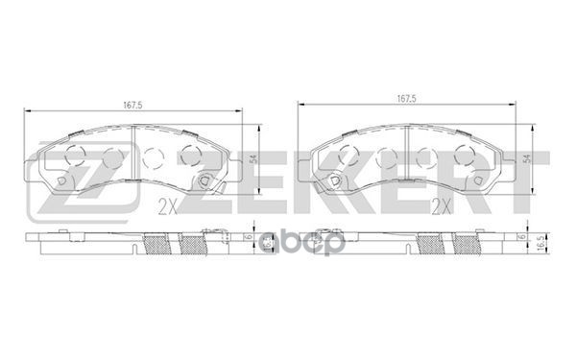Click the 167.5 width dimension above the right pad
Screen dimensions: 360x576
tap(406, 99)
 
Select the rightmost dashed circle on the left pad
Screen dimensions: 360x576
tap(190, 157)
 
